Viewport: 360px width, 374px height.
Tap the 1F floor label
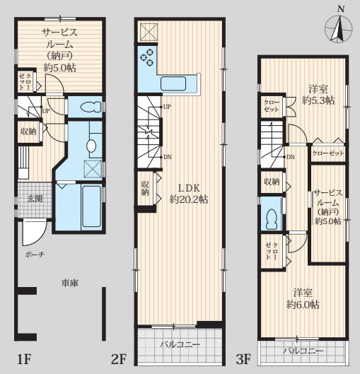(x=25, y=359)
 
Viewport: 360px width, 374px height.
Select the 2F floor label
(x=118, y=359)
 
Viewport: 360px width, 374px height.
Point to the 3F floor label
(x=243, y=359)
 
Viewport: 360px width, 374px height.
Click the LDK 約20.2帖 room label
(x=189, y=194)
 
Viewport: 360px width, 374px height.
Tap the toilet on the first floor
(x=91, y=107)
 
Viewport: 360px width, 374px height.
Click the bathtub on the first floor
(x=91, y=206)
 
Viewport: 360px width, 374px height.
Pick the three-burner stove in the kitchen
(x=146, y=57)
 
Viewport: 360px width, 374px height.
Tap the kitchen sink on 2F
(x=173, y=83)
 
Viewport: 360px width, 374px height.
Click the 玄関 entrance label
(x=35, y=199)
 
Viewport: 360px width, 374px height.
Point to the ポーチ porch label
(x=35, y=255)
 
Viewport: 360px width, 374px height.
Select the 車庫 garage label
(x=70, y=283)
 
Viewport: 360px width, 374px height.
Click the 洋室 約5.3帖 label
(x=318, y=95)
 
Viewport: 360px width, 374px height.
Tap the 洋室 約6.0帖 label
(x=303, y=298)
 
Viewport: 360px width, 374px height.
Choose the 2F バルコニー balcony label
(x=180, y=345)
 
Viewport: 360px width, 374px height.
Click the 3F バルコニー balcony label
(x=303, y=351)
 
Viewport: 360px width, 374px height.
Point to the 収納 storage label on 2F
(x=145, y=188)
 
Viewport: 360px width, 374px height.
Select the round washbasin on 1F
(x=91, y=146)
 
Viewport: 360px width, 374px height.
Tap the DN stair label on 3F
(x=291, y=157)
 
